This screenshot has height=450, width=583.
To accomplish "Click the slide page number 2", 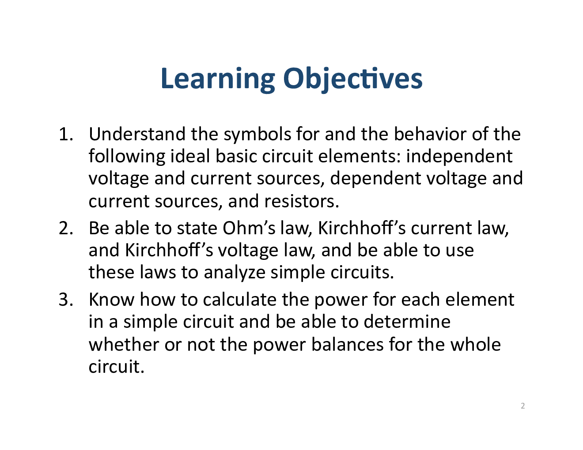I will pyautogui.click(x=523, y=406).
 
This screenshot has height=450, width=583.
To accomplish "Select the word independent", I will pyautogui.click(x=459, y=157).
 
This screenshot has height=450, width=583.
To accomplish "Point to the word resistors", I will pyautogui.click(x=301, y=202).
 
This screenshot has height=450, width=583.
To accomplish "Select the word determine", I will pyautogui.click(x=407, y=322).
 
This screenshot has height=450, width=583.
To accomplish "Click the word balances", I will pyautogui.click(x=347, y=345).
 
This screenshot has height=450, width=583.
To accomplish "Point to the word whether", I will pyautogui.click(x=124, y=345).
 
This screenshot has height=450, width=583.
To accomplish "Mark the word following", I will pyautogui.click(x=127, y=157).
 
